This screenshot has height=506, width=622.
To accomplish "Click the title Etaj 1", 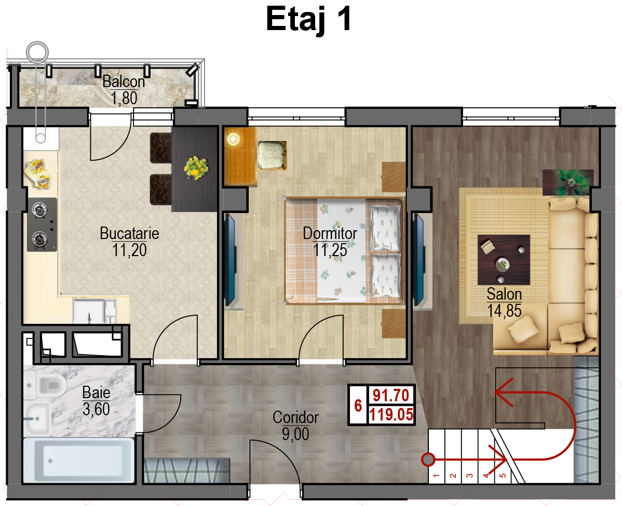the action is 308,19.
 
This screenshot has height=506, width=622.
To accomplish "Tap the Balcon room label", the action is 124,81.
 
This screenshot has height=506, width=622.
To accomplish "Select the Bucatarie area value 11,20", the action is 129,250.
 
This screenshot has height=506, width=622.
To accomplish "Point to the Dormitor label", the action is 330,233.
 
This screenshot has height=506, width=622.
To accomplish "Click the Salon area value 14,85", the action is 504,311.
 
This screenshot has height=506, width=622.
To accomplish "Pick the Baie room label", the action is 96,392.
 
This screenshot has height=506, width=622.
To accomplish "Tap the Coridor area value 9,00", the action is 295,434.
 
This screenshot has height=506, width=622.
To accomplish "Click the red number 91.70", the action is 391,395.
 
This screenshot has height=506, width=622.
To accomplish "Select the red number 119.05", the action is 391,415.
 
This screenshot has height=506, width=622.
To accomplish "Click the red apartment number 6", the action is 358,405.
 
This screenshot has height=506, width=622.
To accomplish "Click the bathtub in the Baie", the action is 78,460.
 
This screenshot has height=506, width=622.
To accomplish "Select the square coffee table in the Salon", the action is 504,260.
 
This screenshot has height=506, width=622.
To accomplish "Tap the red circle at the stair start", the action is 428,460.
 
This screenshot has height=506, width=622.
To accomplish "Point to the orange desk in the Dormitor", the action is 240,156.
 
